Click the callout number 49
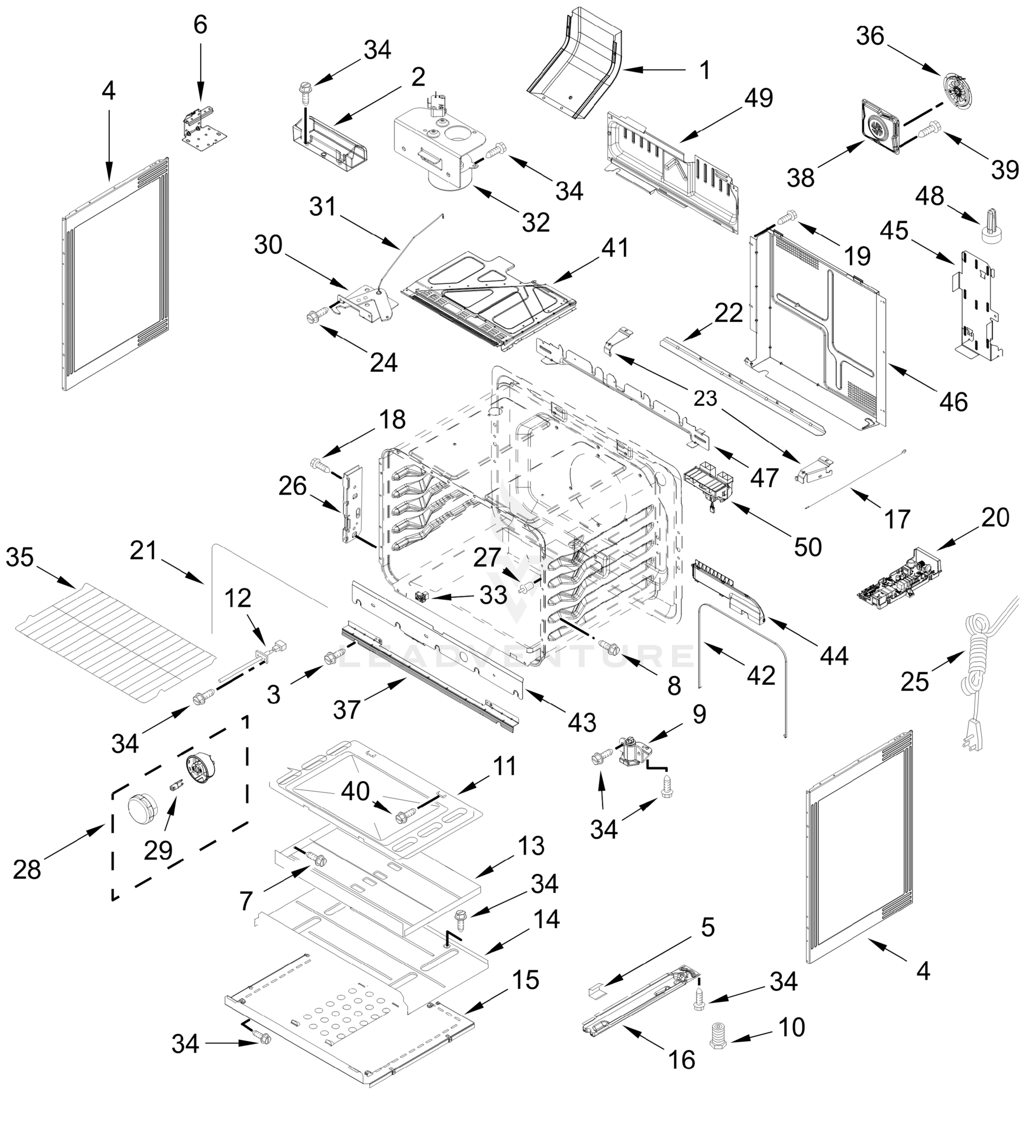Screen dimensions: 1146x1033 click(759, 98)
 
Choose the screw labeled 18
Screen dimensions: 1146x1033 click(322, 467)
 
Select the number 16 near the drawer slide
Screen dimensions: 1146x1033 click(682, 1059)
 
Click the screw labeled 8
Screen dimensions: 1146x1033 click(609, 646)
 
